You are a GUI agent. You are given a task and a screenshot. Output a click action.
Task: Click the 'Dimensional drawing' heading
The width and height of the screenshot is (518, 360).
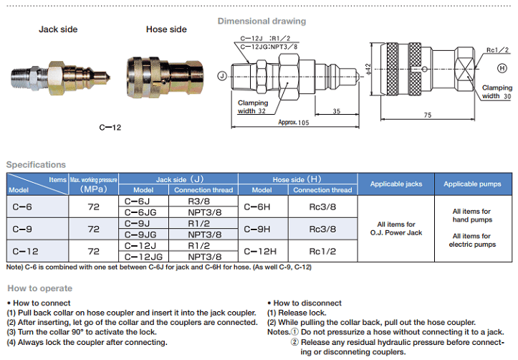(x=261, y=21)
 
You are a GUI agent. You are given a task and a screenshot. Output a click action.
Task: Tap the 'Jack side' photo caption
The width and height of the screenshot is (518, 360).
(x=58, y=29)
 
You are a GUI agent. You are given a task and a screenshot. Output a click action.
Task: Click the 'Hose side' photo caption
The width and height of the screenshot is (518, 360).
(x=166, y=29)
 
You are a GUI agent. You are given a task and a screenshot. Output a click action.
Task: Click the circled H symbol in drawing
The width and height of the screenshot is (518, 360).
(x=502, y=67)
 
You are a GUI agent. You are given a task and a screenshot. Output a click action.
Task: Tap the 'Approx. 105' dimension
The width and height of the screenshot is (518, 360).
(x=294, y=123)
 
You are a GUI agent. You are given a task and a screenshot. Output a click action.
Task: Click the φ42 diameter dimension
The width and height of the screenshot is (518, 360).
(x=368, y=69)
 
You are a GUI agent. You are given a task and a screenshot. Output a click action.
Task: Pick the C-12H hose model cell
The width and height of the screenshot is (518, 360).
(x=262, y=251)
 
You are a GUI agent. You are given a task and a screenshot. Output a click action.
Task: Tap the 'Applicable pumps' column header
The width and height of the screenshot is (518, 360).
(x=471, y=184)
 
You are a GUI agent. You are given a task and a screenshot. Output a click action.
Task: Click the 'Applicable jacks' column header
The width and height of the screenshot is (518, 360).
(x=395, y=184)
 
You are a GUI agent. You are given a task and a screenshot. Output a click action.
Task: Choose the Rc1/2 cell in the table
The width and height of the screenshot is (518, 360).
(x=322, y=251)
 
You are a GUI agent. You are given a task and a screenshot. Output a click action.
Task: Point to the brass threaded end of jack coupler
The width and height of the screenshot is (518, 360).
(x=26, y=75)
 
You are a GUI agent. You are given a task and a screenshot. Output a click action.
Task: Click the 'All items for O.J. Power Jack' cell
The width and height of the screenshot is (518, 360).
(x=395, y=228)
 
